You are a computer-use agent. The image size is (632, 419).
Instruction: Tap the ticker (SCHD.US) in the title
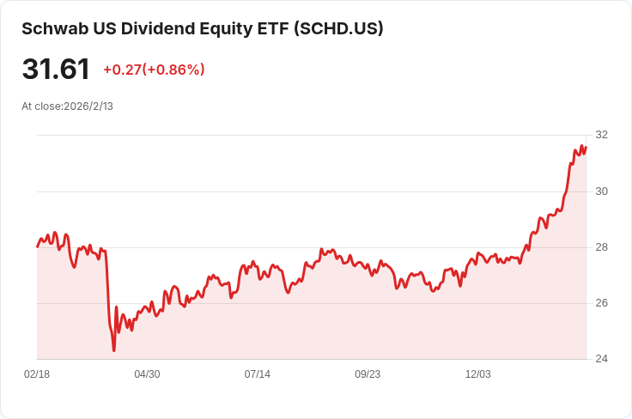click(338, 28)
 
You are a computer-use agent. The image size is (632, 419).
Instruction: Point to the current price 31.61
click(56, 70)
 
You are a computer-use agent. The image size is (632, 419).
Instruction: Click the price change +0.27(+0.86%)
click(154, 70)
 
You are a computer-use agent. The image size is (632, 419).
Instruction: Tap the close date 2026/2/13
click(88, 106)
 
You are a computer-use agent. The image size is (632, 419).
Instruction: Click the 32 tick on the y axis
click(601, 135)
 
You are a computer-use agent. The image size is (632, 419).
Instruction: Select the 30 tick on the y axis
click(601, 191)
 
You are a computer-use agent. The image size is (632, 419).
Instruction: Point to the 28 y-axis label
click(601, 247)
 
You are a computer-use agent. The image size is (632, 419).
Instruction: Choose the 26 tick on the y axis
click(601, 303)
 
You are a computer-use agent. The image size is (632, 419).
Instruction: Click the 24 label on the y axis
click(601, 359)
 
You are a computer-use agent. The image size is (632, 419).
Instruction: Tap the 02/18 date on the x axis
click(37, 374)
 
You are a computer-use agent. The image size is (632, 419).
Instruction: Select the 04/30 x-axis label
click(147, 374)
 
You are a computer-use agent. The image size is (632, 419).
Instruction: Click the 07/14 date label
click(257, 374)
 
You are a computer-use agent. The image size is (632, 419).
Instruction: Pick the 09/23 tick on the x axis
click(368, 374)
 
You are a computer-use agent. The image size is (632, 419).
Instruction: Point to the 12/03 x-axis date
click(478, 374)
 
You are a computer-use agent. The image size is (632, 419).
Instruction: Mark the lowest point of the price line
click(114, 350)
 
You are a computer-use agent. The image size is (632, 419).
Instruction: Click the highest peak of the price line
click(581, 145)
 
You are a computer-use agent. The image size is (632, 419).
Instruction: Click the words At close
click(42, 106)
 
